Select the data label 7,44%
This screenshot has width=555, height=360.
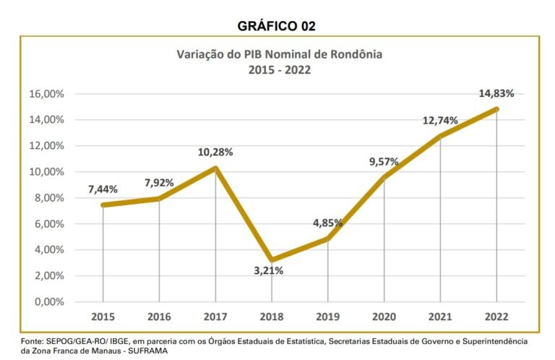coord(103,189)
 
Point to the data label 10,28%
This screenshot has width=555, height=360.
coord(215,152)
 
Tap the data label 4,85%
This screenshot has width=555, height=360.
coord(327,223)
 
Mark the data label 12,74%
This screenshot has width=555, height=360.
coord(440,121)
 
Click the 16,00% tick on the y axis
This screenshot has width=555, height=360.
coord(47,94)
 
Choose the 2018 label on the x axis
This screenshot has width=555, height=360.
coord(271,317)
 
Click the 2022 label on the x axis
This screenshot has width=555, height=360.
coord(496,317)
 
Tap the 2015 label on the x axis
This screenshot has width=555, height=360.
coord(103,317)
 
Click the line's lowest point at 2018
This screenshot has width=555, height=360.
coord(271,260)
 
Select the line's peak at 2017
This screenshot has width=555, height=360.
coord(215,168)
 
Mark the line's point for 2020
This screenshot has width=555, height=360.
coord(384,178)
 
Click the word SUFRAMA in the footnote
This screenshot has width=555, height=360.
coord(147,351)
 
